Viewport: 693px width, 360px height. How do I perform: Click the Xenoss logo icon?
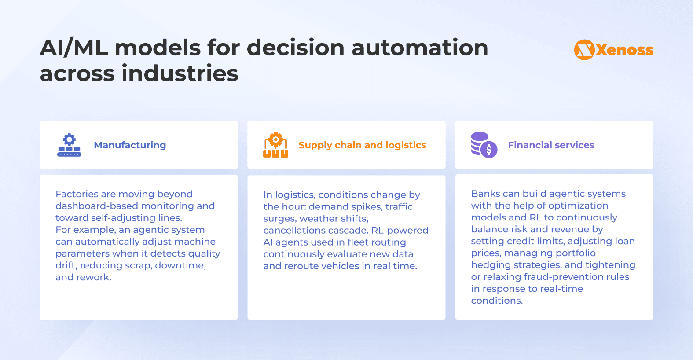pos(584,50)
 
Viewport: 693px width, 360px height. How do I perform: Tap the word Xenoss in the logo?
pos(625,50)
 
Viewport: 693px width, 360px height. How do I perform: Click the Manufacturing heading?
pos(130,145)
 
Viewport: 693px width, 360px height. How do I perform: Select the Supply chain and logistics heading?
pos(362,145)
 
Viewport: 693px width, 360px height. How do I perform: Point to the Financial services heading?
pos(551,145)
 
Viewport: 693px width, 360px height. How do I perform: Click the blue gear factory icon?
pos(70,145)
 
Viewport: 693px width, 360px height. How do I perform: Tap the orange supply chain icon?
pos(275,145)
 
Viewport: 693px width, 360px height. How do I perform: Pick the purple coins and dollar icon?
pos(484,145)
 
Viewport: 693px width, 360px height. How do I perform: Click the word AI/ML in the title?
pos(74,48)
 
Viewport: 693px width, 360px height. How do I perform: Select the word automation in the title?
pos(420,48)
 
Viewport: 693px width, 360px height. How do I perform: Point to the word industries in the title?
pos(180,73)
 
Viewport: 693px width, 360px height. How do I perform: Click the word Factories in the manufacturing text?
pos(77,194)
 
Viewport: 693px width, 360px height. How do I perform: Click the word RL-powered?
pos(400,230)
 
